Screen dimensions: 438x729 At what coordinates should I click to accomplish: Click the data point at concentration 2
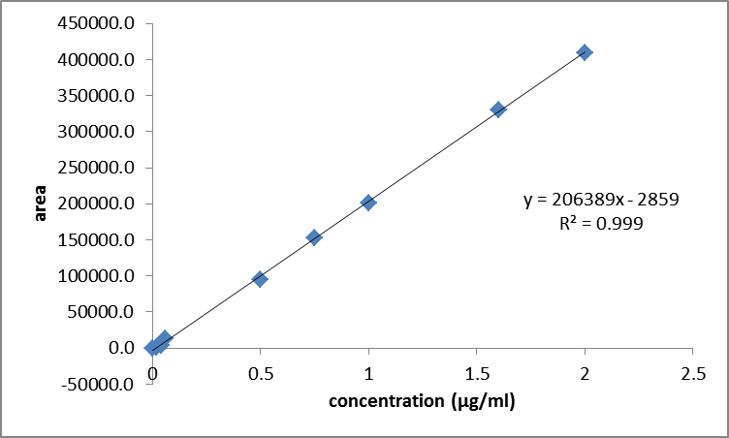tap(585, 52)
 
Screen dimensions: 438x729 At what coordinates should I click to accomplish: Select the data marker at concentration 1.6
tap(498, 109)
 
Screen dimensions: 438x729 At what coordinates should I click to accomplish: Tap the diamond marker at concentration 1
tap(368, 203)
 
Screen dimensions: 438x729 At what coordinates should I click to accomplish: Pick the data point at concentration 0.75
tap(314, 237)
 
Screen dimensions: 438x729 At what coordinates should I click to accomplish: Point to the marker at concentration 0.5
tap(260, 279)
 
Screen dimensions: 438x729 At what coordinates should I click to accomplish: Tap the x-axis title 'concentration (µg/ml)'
tap(422, 401)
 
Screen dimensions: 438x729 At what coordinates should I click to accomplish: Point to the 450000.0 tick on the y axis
tap(94, 23)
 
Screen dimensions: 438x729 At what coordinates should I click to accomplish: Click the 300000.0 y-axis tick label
tap(94, 132)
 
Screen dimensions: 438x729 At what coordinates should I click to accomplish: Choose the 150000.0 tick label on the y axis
tap(94, 239)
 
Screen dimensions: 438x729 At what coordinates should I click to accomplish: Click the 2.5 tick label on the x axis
tap(692, 373)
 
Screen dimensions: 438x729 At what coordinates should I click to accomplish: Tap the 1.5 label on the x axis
tap(476, 373)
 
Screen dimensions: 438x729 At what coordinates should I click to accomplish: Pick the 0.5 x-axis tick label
tap(260, 373)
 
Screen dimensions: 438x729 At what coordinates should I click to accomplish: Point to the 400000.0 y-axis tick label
tap(94, 60)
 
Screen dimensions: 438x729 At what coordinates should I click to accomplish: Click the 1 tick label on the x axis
tap(368, 373)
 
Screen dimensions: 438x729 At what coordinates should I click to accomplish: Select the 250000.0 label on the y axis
tap(94, 168)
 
